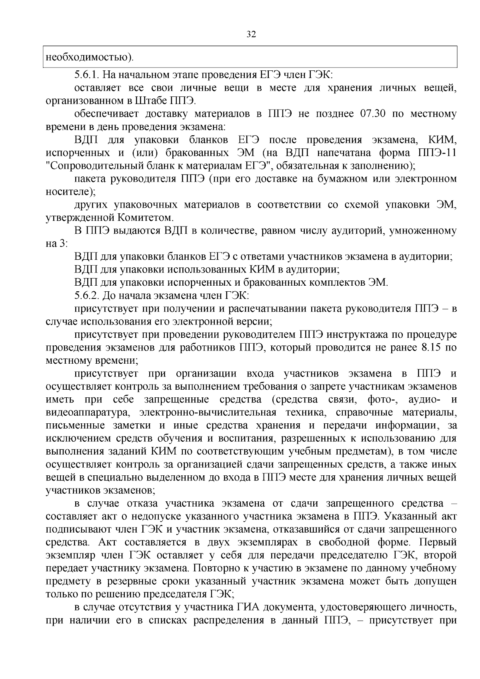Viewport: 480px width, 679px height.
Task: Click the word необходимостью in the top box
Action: click(x=87, y=57)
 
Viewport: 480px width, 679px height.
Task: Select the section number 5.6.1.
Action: click(x=89, y=75)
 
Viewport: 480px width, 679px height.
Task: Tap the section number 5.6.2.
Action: click(x=89, y=296)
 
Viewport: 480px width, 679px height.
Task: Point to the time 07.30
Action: click(x=372, y=114)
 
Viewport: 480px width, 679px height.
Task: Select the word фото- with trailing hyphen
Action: click(x=381, y=399)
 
